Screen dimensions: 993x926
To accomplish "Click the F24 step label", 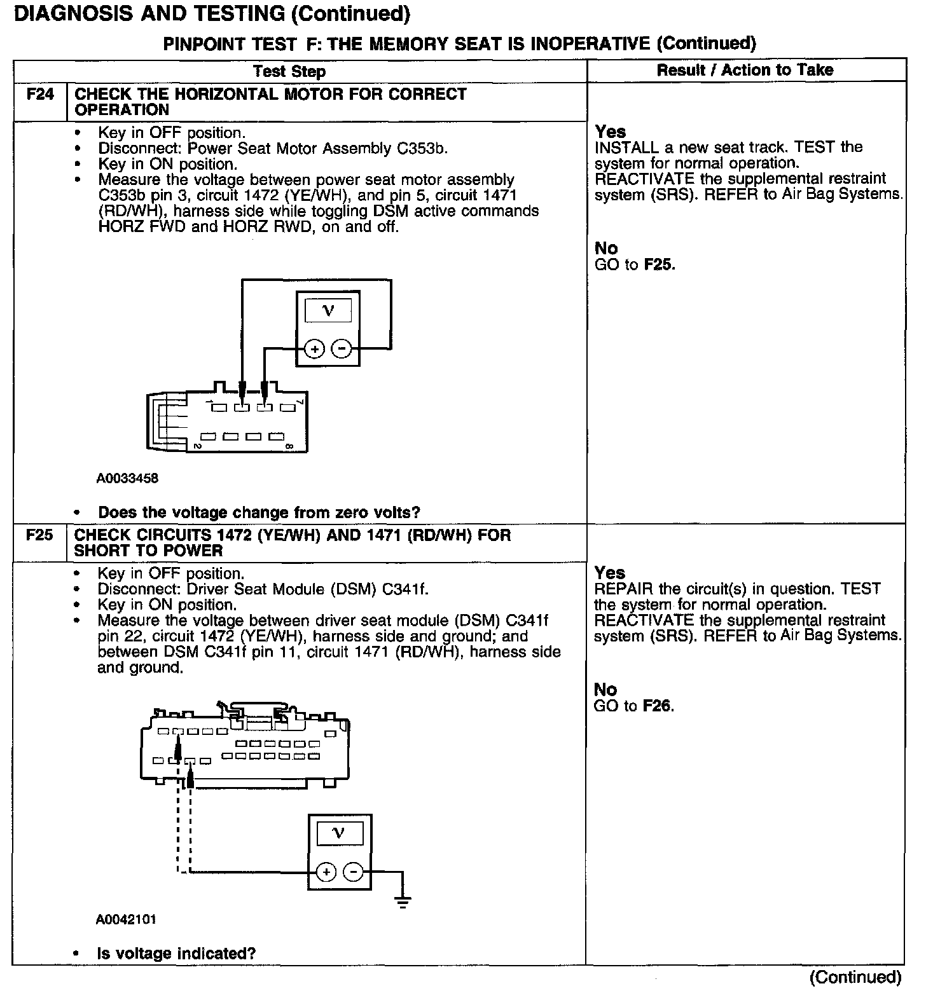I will [x=39, y=95].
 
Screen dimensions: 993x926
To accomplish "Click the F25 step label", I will [x=39, y=535].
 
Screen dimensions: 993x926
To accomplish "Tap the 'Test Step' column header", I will [x=289, y=71].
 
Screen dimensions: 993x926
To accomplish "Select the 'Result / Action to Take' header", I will [x=745, y=70].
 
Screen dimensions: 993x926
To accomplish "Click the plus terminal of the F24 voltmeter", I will [x=315, y=349].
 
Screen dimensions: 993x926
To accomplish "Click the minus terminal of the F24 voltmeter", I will [x=342, y=349].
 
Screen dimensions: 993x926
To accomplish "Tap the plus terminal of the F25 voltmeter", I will [x=326, y=872].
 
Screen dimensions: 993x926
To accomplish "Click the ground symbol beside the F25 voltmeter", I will [x=402, y=901].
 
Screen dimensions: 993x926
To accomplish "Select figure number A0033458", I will [x=127, y=478].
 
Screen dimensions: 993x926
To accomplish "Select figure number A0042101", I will [x=126, y=919].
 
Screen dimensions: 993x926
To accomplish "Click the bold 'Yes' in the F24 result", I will [x=610, y=132].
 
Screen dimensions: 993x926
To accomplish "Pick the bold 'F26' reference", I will [x=658, y=706].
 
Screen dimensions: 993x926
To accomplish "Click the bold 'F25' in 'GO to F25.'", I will [x=658, y=264].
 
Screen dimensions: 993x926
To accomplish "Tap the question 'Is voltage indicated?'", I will [x=176, y=954].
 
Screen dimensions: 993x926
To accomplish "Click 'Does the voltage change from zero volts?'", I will [x=259, y=512].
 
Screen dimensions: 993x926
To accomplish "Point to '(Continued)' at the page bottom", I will [x=856, y=977].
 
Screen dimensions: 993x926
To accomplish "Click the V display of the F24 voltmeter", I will [x=328, y=311].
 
